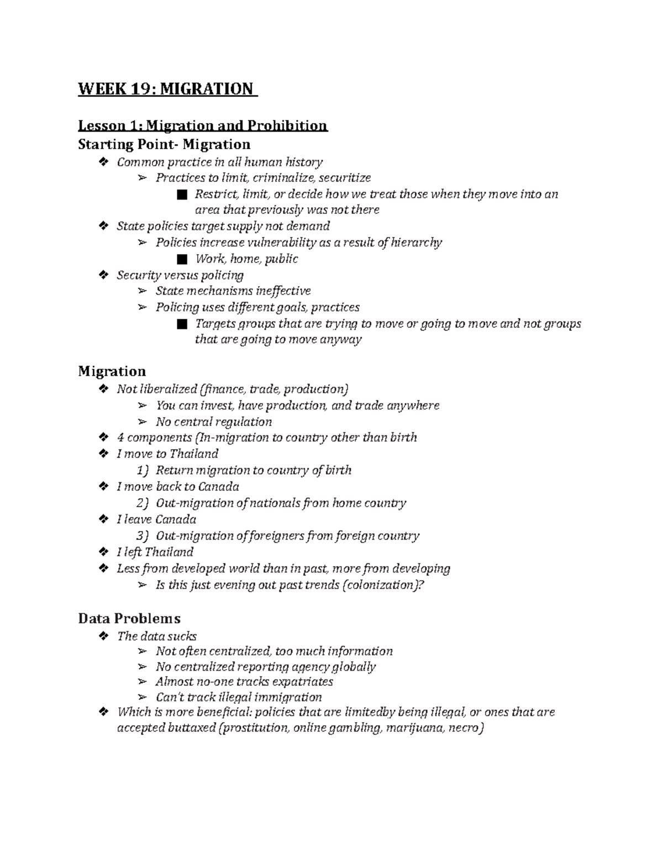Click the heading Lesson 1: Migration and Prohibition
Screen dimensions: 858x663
pos(203,126)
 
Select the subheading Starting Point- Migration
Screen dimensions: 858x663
pos(164,145)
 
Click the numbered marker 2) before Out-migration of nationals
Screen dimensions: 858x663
pos(143,503)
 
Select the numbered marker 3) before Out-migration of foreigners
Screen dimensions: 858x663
pos(143,536)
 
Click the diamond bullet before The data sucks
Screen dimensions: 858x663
pos(102,636)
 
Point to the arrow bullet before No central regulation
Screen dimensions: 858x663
pos(143,422)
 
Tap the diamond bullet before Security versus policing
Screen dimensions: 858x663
pos(102,275)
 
